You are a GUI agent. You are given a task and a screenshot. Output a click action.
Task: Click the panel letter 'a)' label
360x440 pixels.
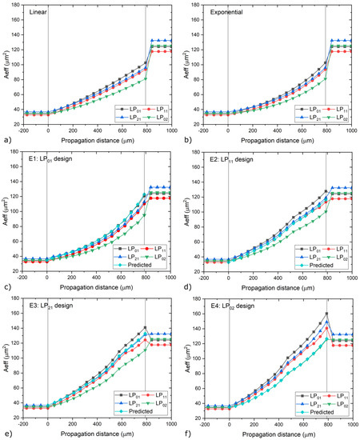click(6, 141)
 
